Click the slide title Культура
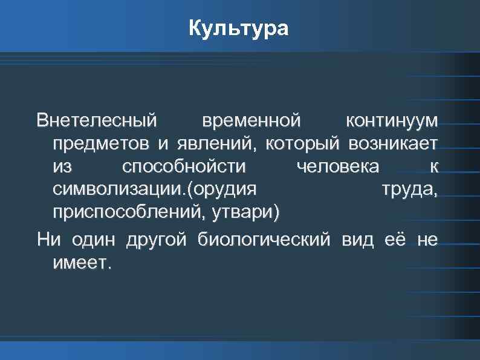tap(239, 28)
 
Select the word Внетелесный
tap(96, 120)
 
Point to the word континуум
tap(391, 120)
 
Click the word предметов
tap(102, 144)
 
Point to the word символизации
tap(116, 190)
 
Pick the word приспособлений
tap(128, 213)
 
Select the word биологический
tap(264, 240)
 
